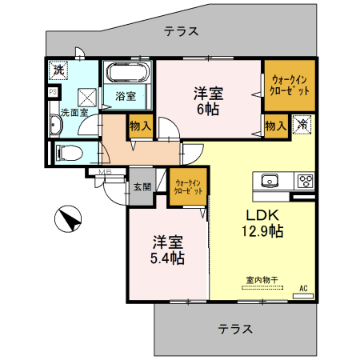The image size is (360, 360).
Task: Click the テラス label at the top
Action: pyautogui.click(x=181, y=32)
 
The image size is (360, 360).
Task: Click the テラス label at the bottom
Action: pyautogui.click(x=235, y=328)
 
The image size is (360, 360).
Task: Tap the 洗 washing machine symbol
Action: pyautogui.click(x=58, y=70)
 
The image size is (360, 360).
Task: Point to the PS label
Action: pyautogui.click(x=53, y=92)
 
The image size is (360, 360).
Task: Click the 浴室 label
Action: pyautogui.click(x=125, y=96)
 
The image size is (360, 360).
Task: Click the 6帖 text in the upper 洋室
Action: pyautogui.click(x=207, y=109)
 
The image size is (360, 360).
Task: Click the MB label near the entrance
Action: pyautogui.click(x=103, y=174)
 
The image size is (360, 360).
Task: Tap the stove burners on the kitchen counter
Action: pyautogui.click(x=306, y=180)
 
